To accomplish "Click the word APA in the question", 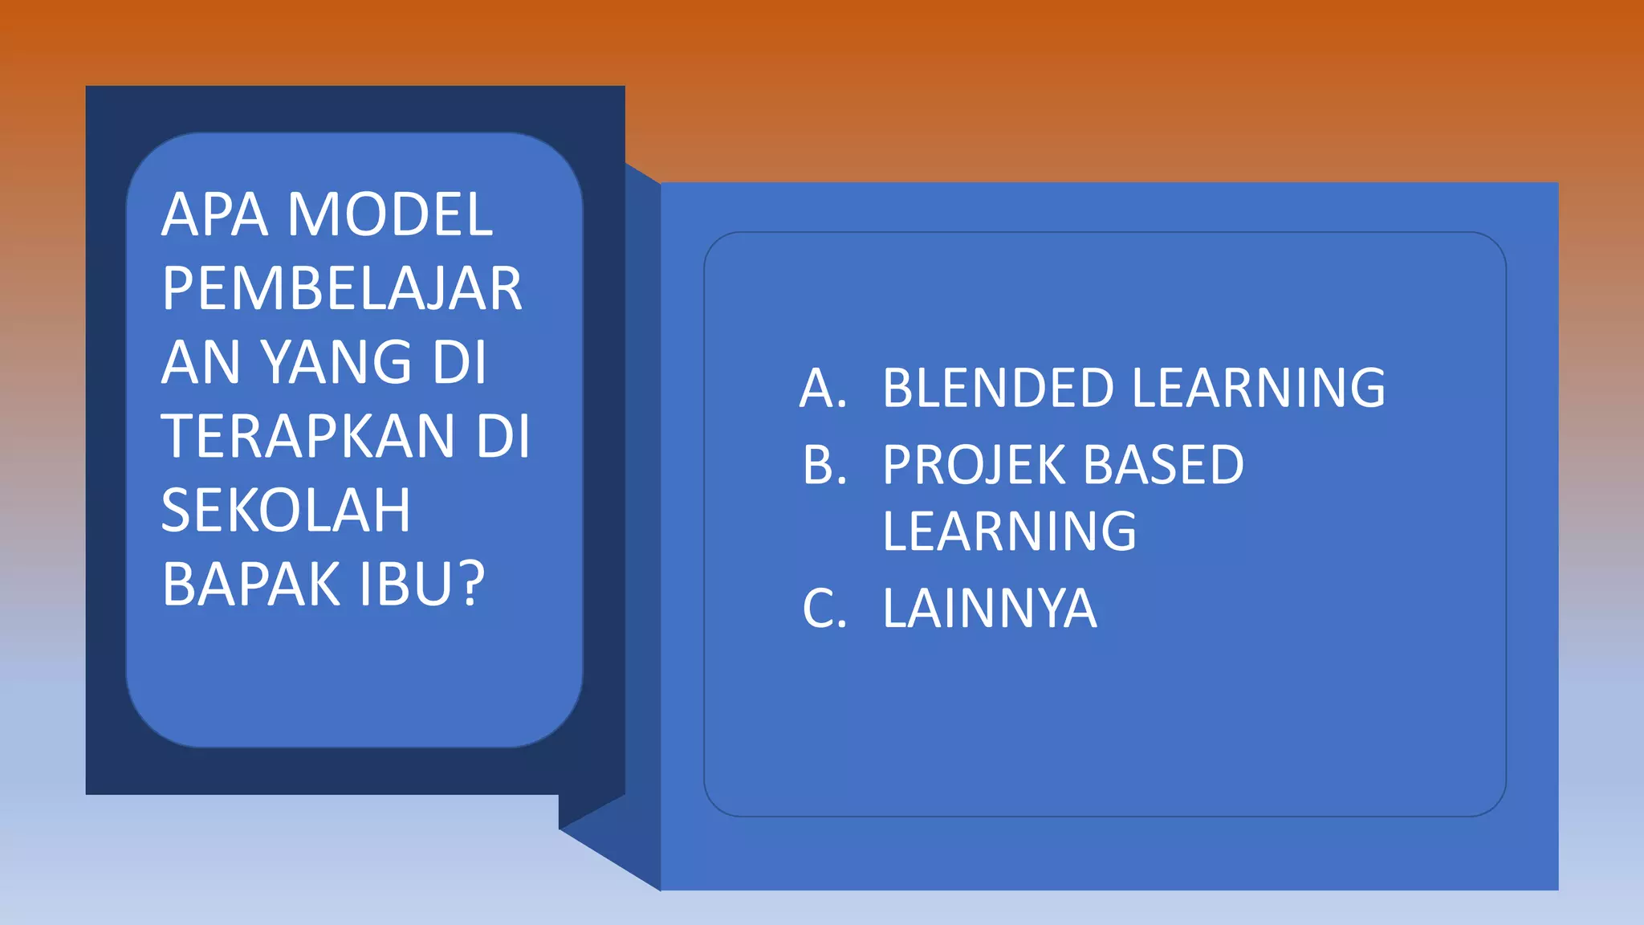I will tap(214, 215).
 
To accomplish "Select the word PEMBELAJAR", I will tap(342, 289).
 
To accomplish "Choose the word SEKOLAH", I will tap(286, 511).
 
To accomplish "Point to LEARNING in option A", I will tap(1258, 389).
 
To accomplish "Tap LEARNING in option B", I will tap(1009, 532).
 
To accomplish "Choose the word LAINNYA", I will tap(989, 609).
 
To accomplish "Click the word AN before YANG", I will tap(201, 363).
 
